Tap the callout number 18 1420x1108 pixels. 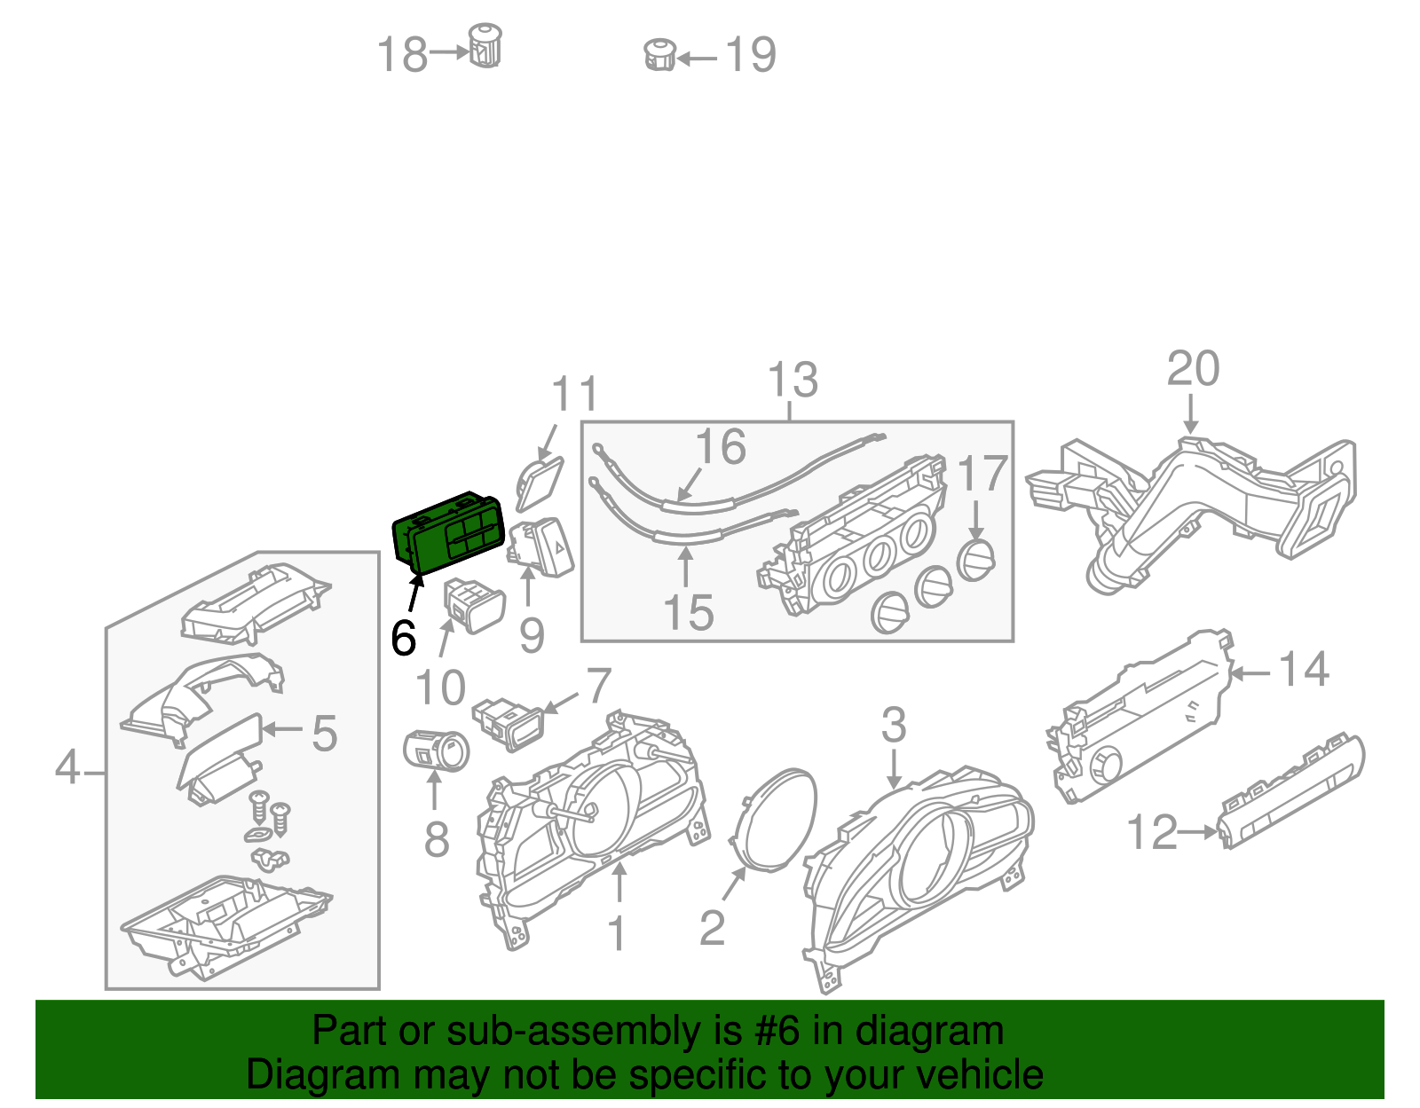coord(402,55)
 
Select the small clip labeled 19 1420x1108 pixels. coord(659,55)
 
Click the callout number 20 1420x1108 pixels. coord(1193,369)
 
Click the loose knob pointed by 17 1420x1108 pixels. coord(976,559)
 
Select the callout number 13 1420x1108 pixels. coord(792,381)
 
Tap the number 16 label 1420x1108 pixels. coord(720,447)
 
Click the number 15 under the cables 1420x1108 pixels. coord(688,613)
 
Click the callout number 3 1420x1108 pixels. coord(893,725)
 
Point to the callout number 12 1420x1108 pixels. coord(1151,833)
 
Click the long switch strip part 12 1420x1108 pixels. coord(1291,790)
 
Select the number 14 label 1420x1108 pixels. coord(1303,670)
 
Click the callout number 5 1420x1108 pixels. coord(324,735)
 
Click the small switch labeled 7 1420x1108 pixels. coord(510,721)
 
